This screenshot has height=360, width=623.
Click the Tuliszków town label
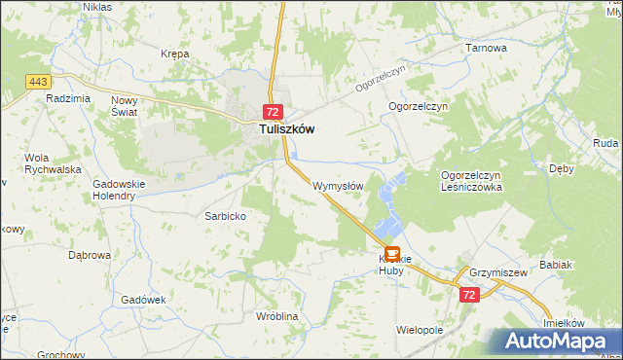285,128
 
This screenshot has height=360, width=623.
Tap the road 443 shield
39,81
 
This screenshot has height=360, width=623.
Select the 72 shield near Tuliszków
273,112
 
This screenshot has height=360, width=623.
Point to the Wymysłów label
338,185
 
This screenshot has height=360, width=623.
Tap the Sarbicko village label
224,216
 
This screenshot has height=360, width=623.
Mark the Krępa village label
175,54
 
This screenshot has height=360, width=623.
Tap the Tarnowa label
487,47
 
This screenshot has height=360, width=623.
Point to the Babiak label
556,264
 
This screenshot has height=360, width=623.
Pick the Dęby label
562,168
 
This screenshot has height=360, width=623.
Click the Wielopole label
420,330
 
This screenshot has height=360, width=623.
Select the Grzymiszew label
497,273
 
